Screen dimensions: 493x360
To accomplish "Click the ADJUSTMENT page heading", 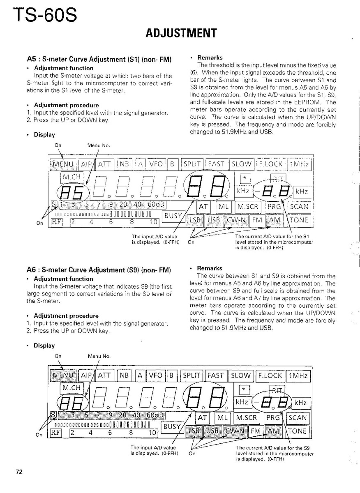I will pyautogui.click(x=181, y=33).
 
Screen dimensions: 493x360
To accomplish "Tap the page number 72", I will pyautogui.click(x=19, y=472).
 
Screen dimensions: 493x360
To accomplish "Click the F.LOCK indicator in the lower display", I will pyautogui.click(x=270, y=375).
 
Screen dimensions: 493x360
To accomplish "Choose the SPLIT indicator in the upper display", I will pyautogui.click(x=192, y=164).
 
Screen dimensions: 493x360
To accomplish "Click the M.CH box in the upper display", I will pyautogui.click(x=72, y=177).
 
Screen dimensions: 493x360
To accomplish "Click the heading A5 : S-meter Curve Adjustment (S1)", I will pyautogui.click(x=99, y=59).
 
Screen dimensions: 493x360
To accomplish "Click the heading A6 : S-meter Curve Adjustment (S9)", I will pyautogui.click(x=99, y=270).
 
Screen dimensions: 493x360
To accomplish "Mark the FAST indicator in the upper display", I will pyautogui.click(x=216, y=164).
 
